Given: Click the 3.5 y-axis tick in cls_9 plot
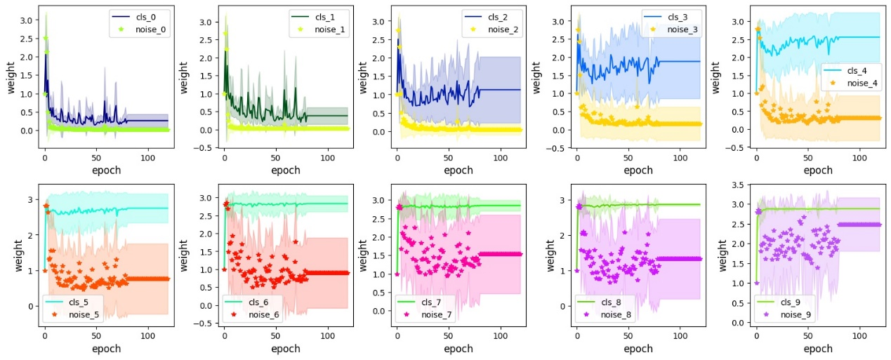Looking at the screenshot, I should point(739,185).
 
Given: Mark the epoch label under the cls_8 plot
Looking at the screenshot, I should point(638,349).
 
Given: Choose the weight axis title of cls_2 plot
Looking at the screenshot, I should point(363,76).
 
